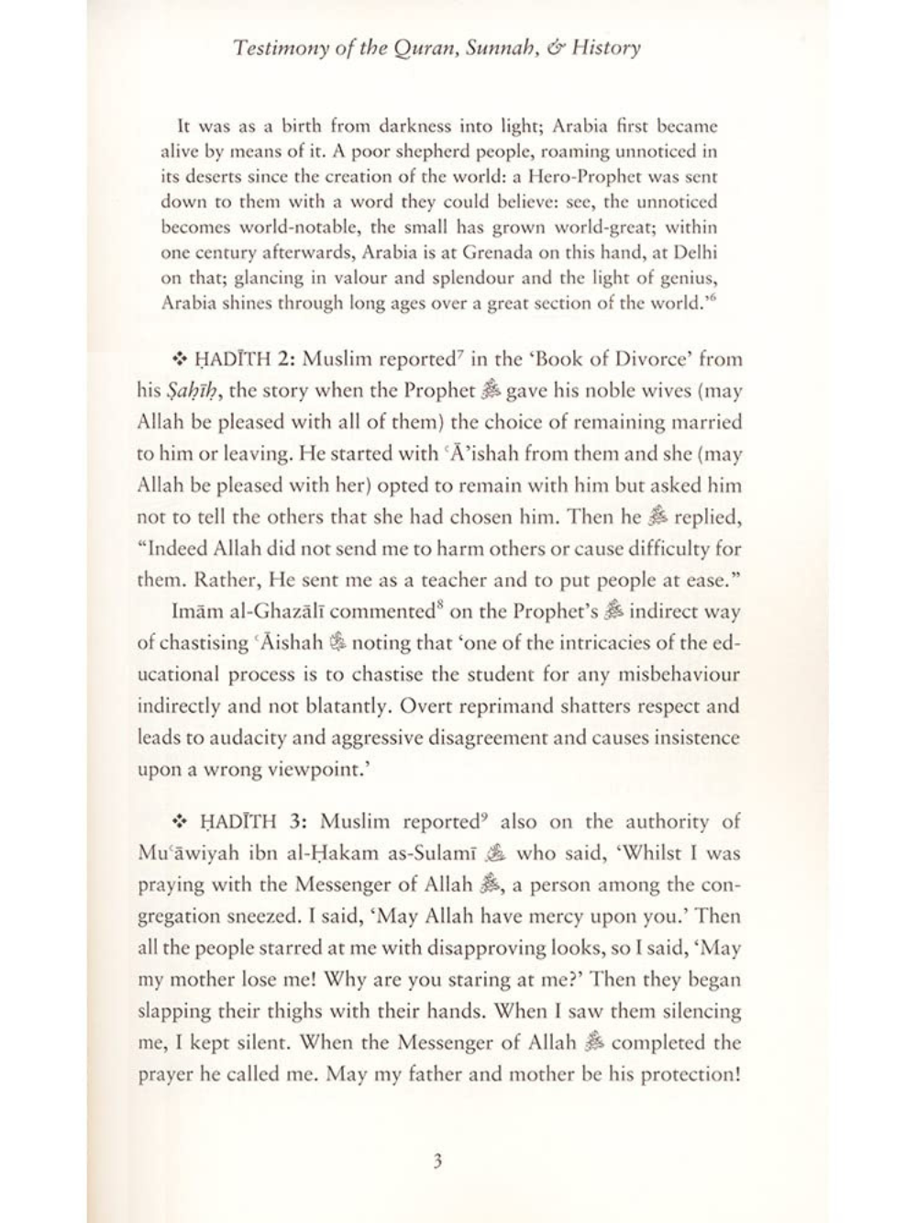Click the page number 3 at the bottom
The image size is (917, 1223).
[437, 1162]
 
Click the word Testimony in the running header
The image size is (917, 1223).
[274, 49]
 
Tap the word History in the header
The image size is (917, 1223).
[606, 49]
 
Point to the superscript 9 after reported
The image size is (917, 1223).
[487, 816]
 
